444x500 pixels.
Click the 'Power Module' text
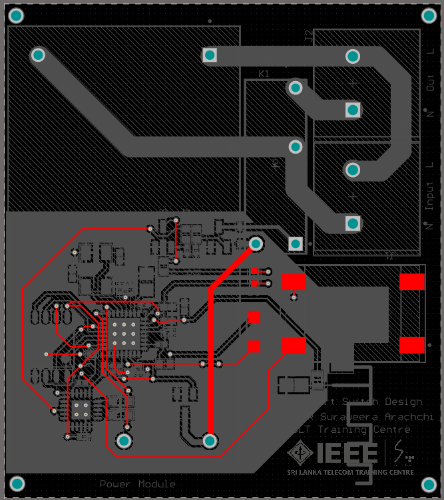[138, 484]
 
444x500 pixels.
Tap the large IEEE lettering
[347, 453]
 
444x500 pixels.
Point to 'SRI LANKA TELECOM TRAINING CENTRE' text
[350, 472]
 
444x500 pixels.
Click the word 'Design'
[402, 402]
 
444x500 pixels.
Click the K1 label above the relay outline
[264, 74]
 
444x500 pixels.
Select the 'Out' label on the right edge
[429, 84]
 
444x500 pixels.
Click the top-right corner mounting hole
[428, 16]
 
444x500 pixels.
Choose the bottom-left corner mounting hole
[17, 483]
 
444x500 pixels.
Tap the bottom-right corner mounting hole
[428, 483]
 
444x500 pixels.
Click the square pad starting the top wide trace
[210, 55]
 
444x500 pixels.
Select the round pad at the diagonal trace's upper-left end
[39, 55]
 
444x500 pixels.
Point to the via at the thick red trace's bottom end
[210, 440]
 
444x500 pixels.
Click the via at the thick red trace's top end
[256, 244]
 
